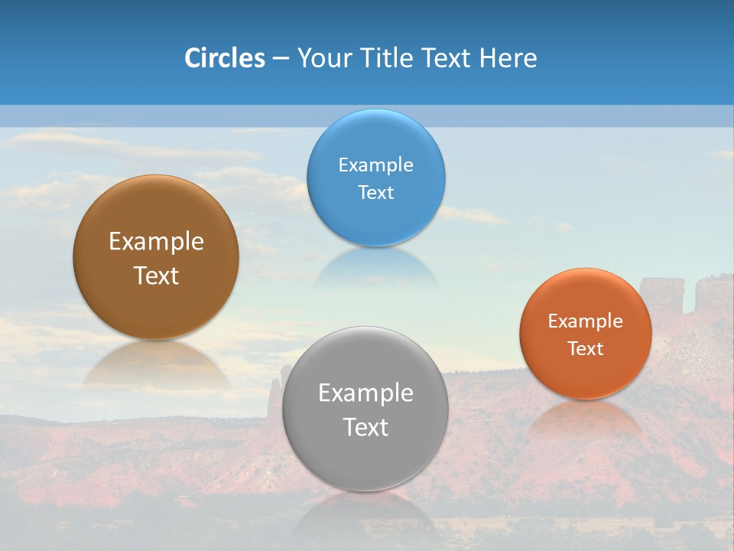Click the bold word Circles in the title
point(224,58)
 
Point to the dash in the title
point(281,59)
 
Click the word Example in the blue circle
point(375,165)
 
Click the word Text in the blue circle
point(375,192)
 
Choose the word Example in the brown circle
point(156,242)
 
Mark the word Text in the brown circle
point(156,275)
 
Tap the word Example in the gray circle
point(365,393)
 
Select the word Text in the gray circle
point(365,427)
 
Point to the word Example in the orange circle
point(586,321)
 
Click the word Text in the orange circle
point(586,348)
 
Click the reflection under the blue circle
point(375,268)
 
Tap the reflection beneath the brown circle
point(156,363)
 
